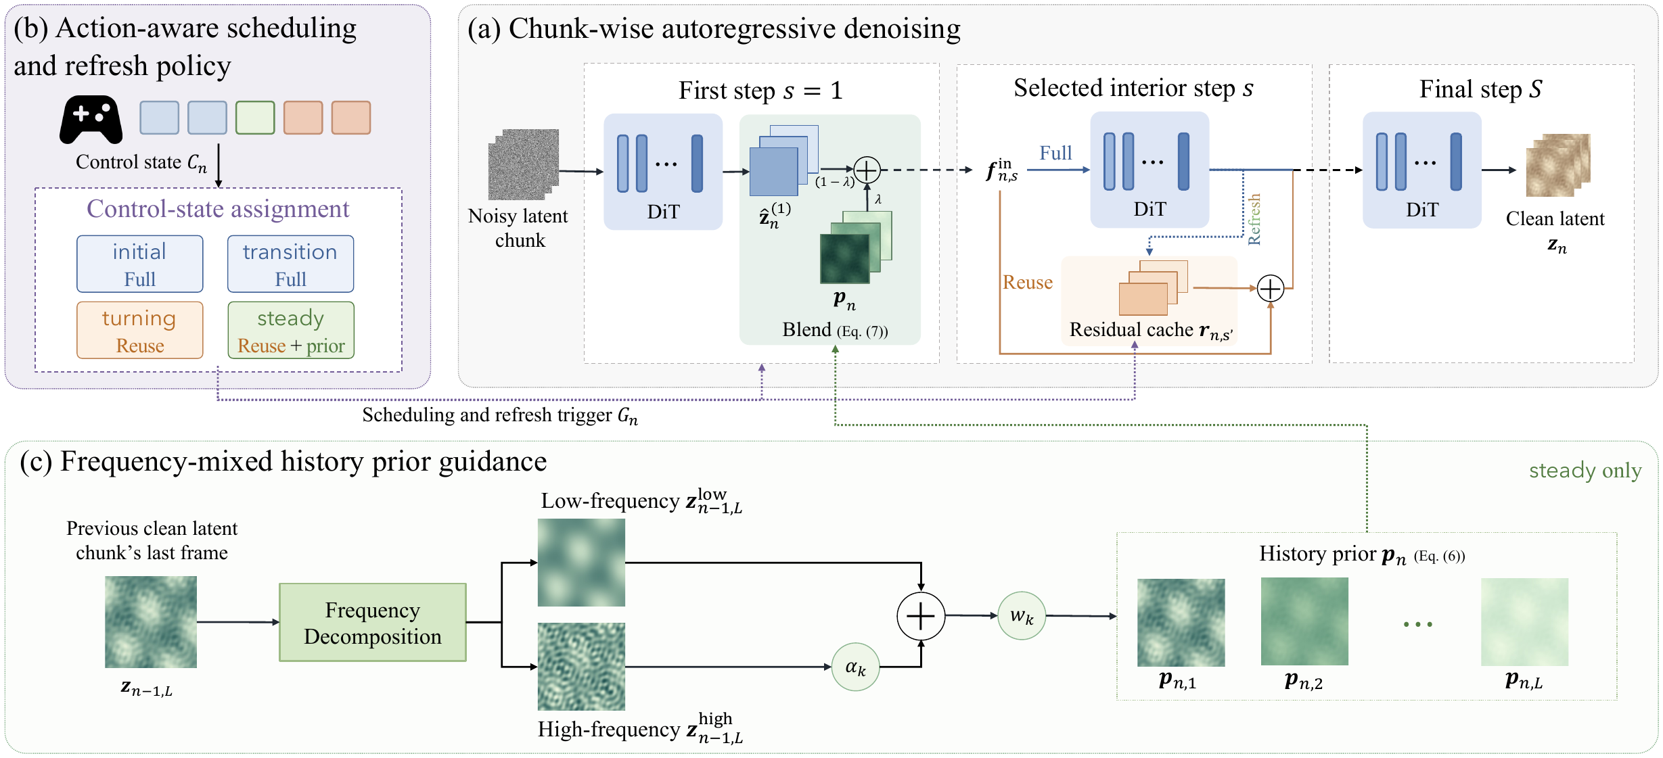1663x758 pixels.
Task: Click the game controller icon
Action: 91,120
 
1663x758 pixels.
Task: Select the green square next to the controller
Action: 255,118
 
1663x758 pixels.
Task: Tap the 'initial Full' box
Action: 140,264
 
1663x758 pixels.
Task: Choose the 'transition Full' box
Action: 291,264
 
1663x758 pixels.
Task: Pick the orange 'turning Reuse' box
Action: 140,330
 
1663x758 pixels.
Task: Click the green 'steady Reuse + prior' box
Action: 291,330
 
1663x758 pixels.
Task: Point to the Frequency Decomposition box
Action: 373,623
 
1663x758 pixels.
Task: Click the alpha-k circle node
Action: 856,667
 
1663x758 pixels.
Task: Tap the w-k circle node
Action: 1022,616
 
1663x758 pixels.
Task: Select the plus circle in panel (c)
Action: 921,616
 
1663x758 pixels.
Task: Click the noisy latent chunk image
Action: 524,164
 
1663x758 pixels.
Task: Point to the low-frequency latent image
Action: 581,563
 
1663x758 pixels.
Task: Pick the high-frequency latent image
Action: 581,667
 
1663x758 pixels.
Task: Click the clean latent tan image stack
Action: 1558,165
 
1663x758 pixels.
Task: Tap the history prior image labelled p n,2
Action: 1304,621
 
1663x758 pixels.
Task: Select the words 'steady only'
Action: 1585,471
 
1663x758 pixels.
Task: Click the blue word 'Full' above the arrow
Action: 1055,153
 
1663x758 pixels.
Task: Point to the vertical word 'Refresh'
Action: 1254,219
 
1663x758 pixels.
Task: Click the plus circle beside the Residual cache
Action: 1271,289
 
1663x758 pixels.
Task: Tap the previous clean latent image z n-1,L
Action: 151,622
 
